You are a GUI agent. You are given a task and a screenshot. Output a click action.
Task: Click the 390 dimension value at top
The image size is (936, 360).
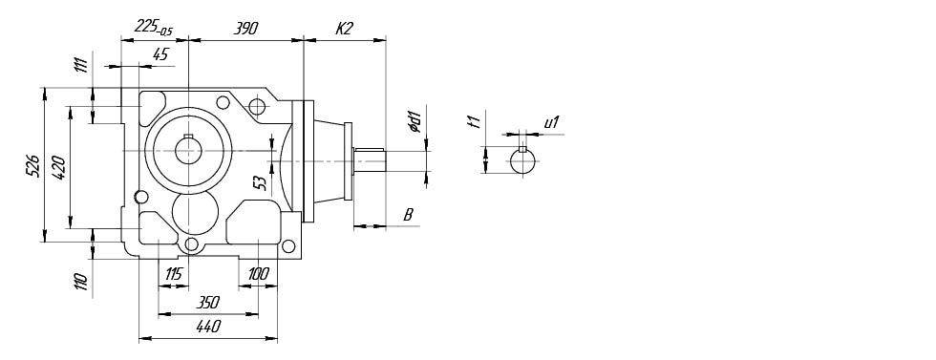pos(245,28)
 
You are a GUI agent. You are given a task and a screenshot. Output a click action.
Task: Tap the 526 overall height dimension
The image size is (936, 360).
pos(33,165)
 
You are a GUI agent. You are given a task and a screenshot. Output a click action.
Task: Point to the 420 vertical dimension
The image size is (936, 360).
pos(59,167)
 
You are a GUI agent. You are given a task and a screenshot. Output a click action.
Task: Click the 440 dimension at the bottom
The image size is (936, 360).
pos(208,326)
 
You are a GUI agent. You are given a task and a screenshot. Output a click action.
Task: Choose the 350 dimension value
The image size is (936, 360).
pos(208,302)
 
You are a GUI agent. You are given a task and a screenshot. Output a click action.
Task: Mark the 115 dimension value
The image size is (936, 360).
pos(173,275)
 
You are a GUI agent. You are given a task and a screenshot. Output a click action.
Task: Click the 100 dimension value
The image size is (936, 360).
pos(258,275)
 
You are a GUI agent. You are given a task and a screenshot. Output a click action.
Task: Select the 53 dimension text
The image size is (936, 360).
pos(260,182)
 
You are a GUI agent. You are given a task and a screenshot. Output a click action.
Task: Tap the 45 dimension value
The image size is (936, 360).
pos(160,54)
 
